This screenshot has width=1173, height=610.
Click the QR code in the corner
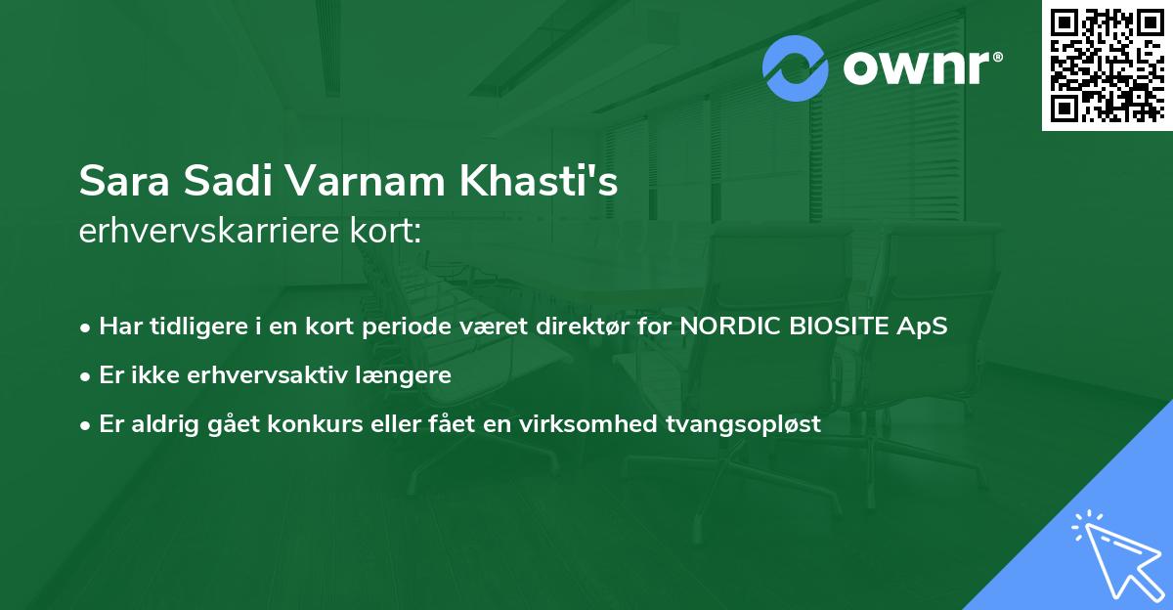point(1108,65)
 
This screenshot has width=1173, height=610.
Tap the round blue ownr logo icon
point(796,67)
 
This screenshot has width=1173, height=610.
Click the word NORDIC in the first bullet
point(725,326)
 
